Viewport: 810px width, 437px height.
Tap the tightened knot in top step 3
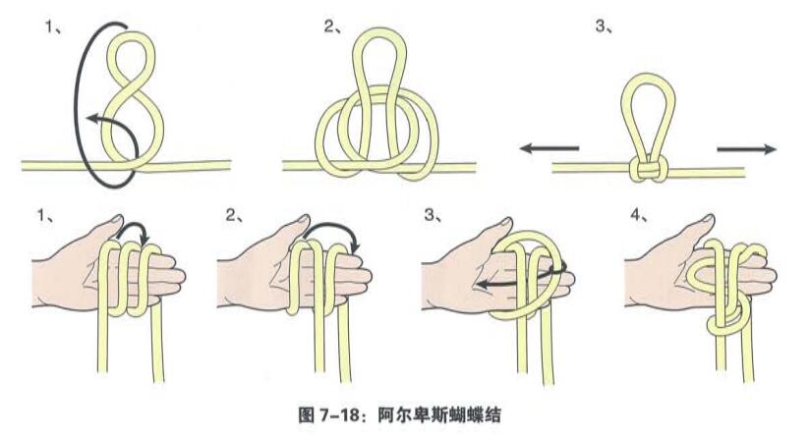point(646,170)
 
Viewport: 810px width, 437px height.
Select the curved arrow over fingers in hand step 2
point(329,234)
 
